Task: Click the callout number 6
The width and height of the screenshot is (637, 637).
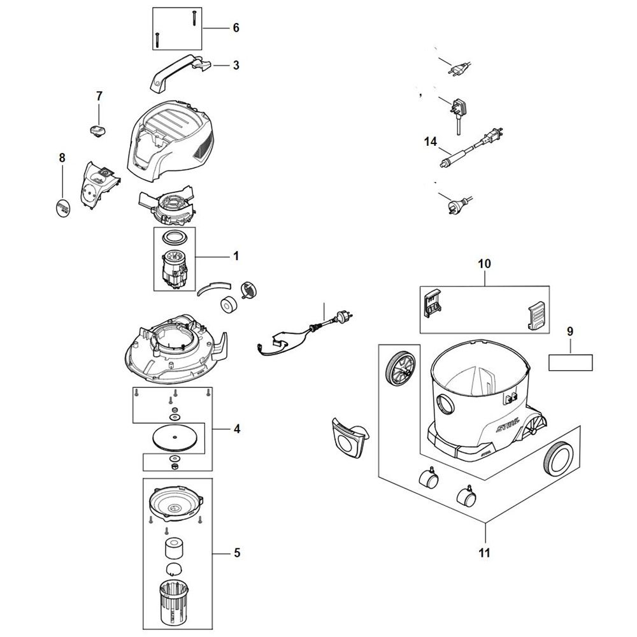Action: [236, 28]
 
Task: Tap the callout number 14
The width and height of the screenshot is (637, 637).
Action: [431, 142]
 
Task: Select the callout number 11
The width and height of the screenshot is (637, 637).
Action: [484, 553]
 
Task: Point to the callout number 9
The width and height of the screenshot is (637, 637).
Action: [570, 331]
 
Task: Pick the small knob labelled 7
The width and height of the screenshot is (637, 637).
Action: [97, 130]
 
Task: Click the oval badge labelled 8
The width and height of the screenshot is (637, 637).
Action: [62, 208]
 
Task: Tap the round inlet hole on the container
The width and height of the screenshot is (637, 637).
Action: [445, 403]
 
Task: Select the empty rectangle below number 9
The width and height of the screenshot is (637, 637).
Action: [570, 362]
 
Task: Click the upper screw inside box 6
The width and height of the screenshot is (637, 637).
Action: [194, 18]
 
